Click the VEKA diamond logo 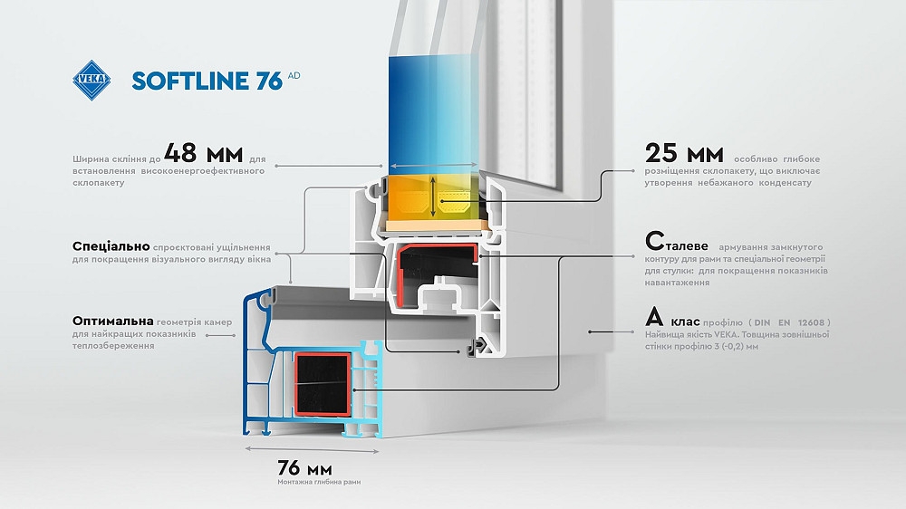coord(92,79)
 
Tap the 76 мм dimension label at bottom coord(304,468)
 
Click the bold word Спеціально coord(111,245)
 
